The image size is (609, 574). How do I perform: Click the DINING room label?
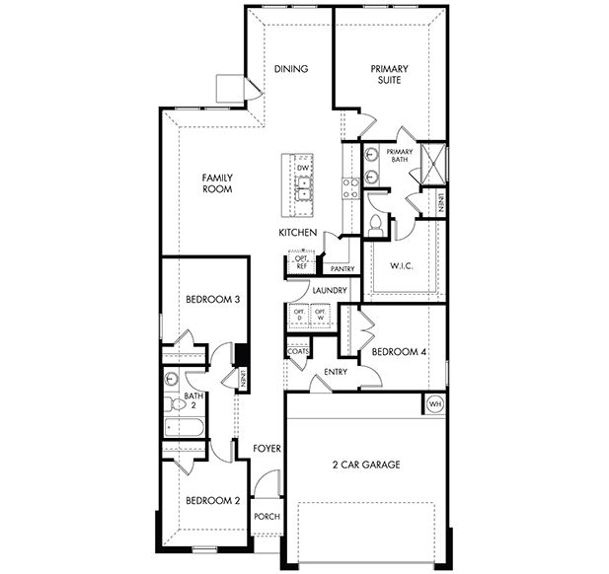291,69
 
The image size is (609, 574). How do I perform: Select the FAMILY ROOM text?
216,183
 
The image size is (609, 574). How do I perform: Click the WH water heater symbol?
434,403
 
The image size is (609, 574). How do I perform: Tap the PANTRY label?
343,268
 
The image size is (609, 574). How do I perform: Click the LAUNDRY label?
328,290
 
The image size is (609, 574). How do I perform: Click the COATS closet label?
297,352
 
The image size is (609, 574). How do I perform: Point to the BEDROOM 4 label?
394,352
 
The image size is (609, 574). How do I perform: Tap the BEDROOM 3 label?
213,300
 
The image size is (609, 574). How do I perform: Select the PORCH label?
266,517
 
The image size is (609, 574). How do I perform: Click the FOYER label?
266,449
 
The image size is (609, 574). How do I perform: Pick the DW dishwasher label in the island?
302,169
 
